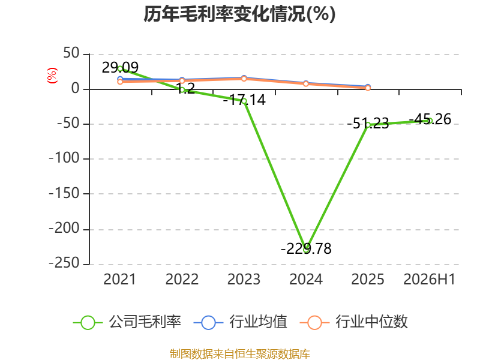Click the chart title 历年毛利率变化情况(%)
click(x=239, y=14)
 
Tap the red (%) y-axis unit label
click(x=52, y=76)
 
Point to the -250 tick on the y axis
click(x=64, y=263)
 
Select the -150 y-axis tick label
click(x=64, y=193)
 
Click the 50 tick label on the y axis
click(x=71, y=53)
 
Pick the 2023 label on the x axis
click(x=244, y=279)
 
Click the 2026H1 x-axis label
click(x=430, y=279)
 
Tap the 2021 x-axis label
click(x=119, y=279)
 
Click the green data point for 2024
click(x=306, y=250)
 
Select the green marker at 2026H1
click(x=430, y=121)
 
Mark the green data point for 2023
click(x=244, y=101)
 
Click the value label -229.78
click(x=306, y=248)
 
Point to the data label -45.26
click(x=430, y=119)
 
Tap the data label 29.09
click(x=120, y=67)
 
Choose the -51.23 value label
click(x=368, y=124)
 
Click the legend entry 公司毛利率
click(x=127, y=322)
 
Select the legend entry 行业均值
click(x=241, y=322)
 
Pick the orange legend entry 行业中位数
click(x=353, y=322)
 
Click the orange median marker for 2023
click(x=244, y=79)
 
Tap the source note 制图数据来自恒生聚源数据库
click(x=239, y=354)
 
